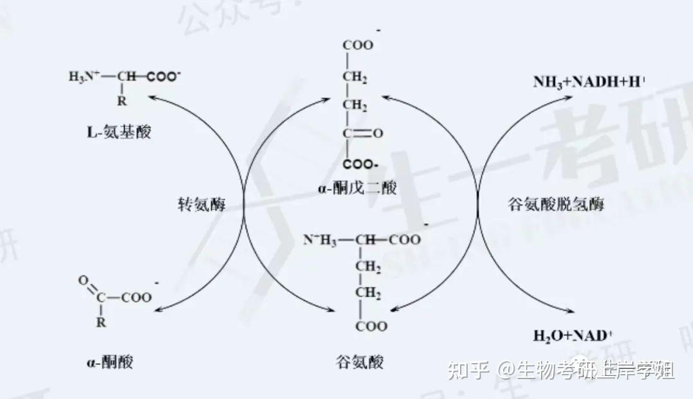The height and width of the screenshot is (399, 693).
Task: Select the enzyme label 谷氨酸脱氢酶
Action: point(556,205)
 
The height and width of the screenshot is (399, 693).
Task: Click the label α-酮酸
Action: point(110,362)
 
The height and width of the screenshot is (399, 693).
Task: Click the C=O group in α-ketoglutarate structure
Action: point(362,133)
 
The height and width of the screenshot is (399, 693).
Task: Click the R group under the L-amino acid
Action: point(122,101)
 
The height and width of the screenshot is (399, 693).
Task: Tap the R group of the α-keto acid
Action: point(101,323)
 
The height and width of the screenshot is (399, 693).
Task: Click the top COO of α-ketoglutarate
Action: point(357,46)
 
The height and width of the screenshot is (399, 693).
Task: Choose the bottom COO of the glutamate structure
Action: point(372,327)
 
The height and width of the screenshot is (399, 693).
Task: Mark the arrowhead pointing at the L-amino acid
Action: point(152,96)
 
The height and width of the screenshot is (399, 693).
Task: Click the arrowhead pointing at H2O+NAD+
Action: point(567,312)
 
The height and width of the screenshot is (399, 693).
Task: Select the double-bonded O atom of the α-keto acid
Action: point(83,280)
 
